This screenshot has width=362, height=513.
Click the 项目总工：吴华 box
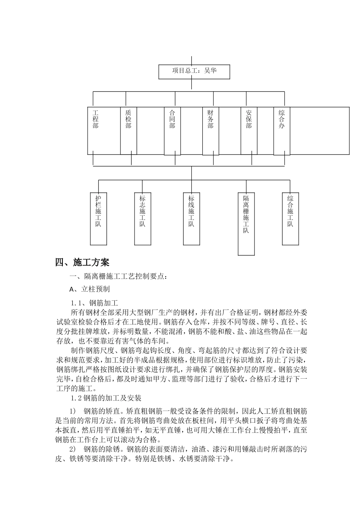click(x=194, y=71)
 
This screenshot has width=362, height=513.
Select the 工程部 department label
click(x=96, y=119)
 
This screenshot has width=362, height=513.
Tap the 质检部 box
click(x=128, y=131)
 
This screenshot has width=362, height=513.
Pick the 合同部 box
click(x=172, y=131)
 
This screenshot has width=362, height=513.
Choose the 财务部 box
click(x=211, y=131)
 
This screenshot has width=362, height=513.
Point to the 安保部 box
click(x=249, y=131)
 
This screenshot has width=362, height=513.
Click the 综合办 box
click(x=282, y=131)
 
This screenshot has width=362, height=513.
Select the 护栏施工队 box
click(x=98, y=218)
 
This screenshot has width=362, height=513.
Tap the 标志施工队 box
click(x=143, y=218)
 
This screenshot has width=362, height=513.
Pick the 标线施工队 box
click(x=191, y=218)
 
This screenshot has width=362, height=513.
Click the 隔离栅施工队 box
click(x=246, y=223)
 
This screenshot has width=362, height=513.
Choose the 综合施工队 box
click(x=290, y=218)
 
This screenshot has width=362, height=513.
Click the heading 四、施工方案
click(x=82, y=262)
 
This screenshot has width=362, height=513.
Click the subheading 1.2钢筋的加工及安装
click(x=106, y=398)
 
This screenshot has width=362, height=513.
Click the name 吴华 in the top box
click(x=210, y=71)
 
